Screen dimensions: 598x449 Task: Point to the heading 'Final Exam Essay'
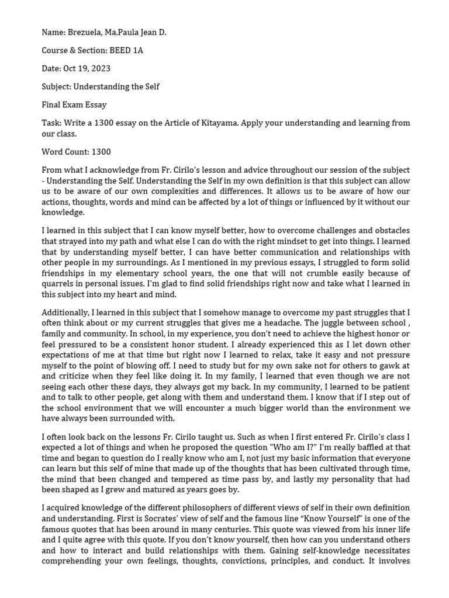[x=74, y=105]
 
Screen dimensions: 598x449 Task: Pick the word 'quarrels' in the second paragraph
[x=58, y=284]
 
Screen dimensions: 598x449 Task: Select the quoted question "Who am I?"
[x=303, y=447]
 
